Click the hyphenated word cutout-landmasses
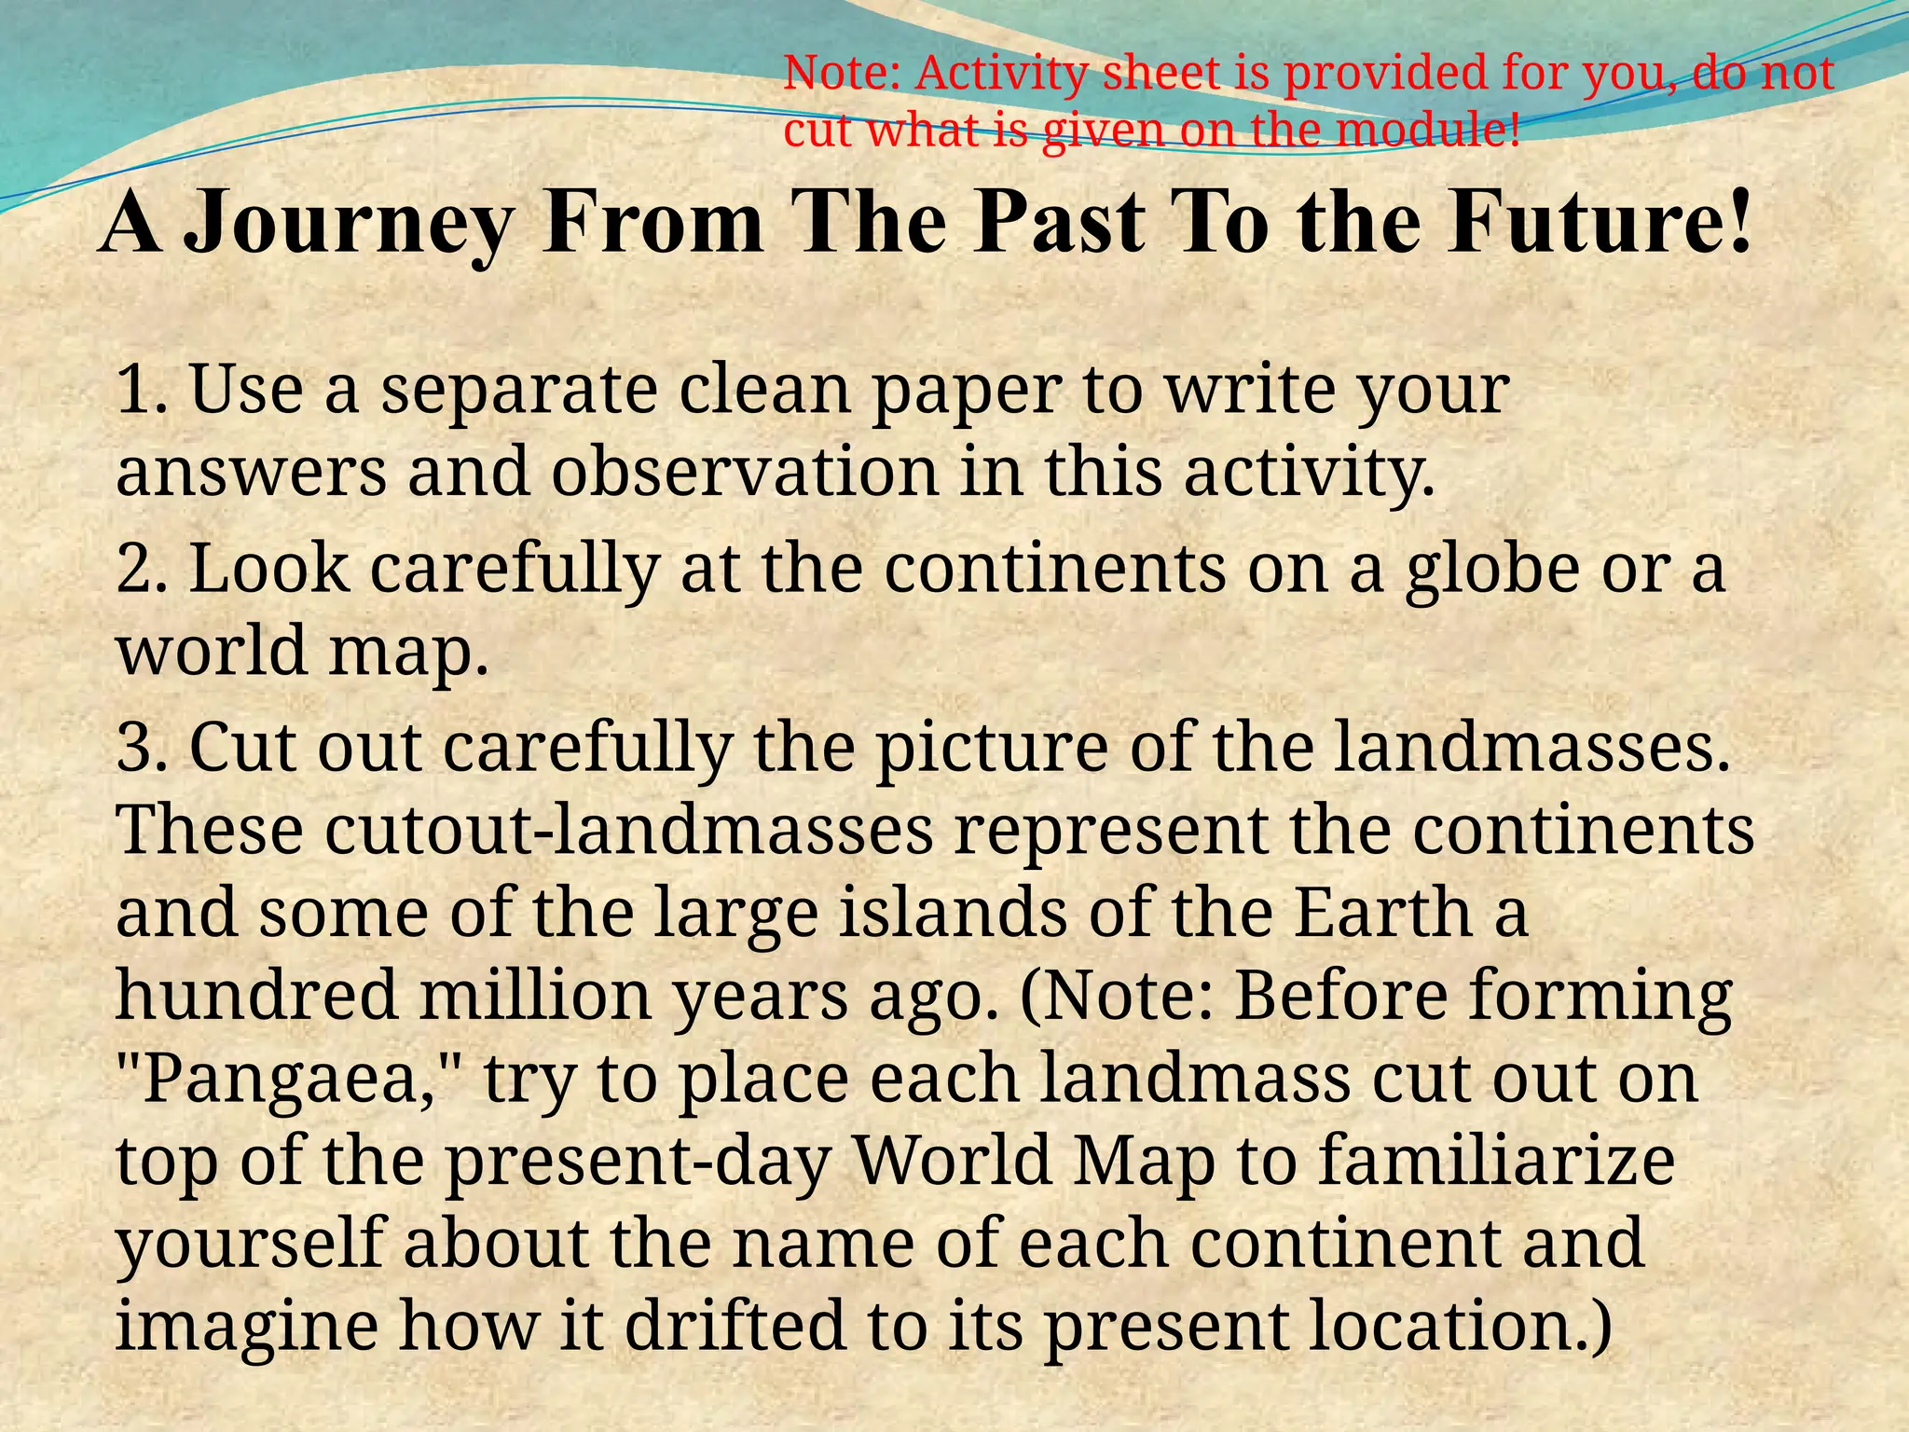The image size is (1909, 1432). (630, 831)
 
